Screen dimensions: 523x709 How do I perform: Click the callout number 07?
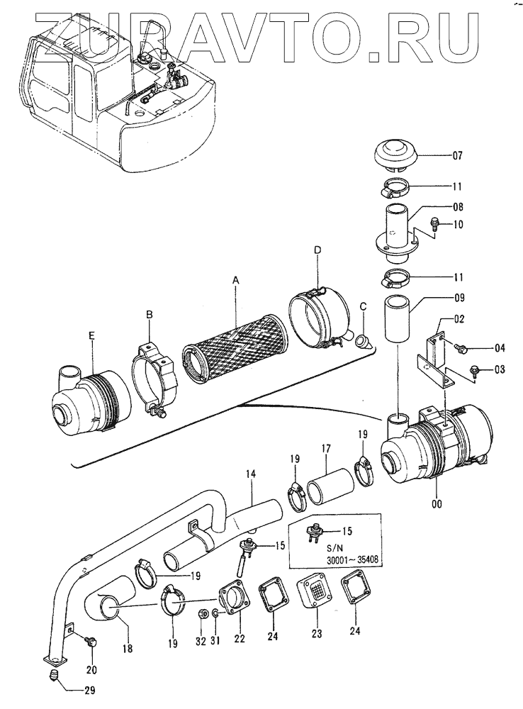[458, 155]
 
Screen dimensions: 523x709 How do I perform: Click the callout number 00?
[437, 503]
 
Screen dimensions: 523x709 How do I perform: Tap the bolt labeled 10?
[433, 223]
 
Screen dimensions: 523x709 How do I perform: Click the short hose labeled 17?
[330, 486]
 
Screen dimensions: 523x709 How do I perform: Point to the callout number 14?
[251, 474]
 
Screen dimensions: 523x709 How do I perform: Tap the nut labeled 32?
[203, 613]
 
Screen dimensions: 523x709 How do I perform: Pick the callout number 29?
[89, 690]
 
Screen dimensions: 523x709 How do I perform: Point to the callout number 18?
[128, 649]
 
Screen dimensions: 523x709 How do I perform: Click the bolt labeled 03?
[476, 369]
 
